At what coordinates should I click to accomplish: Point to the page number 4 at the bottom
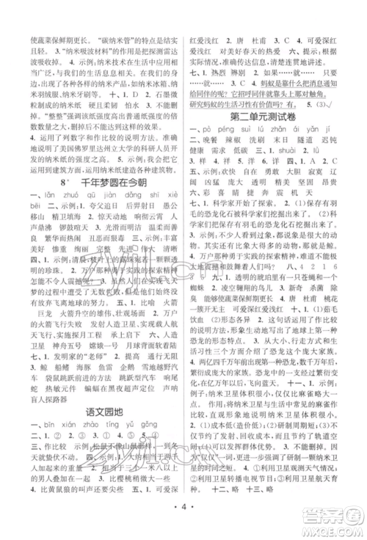tap(183, 526)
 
